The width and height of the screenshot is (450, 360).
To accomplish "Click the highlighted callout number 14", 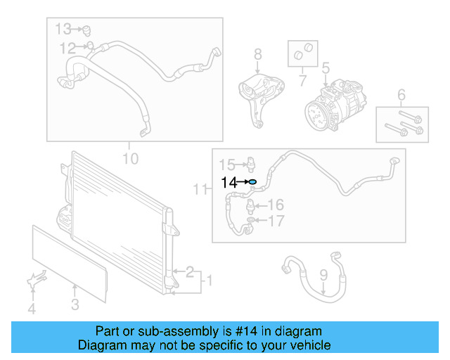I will [x=229, y=183].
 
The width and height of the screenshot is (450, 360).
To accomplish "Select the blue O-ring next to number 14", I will [x=252, y=183].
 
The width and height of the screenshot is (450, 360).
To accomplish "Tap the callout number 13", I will [x=64, y=29].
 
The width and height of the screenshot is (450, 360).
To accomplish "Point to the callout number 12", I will [x=67, y=48].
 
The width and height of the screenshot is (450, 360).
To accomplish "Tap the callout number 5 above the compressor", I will [x=326, y=68].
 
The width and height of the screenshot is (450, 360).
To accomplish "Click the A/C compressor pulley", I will [x=315, y=114].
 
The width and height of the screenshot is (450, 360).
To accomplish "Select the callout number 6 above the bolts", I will [x=401, y=95].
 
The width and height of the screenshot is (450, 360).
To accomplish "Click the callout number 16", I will [x=275, y=205].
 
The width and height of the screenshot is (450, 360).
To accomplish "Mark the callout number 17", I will [x=275, y=221].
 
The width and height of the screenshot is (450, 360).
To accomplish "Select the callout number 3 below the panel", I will [x=75, y=304].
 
